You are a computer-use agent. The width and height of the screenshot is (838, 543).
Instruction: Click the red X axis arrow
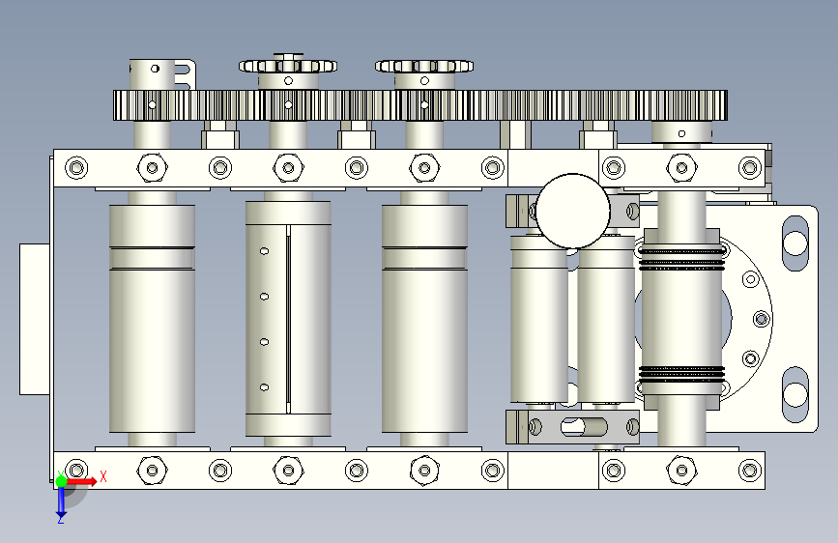pos(81,481)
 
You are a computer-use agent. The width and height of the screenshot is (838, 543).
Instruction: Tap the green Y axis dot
pos(61,481)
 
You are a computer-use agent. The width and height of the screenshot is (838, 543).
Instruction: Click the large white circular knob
pos(572,211)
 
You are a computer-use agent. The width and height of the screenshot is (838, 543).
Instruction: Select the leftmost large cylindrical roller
pos(153,319)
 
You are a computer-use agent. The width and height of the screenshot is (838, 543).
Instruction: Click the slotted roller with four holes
pos(288,319)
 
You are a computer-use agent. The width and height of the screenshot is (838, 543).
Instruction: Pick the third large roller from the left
pos(424,319)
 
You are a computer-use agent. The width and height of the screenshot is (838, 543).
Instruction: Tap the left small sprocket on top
pos(288,66)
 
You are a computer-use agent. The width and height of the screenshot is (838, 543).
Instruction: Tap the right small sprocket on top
pos(424,66)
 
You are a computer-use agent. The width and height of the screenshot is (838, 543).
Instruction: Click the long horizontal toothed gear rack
pos(420,105)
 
